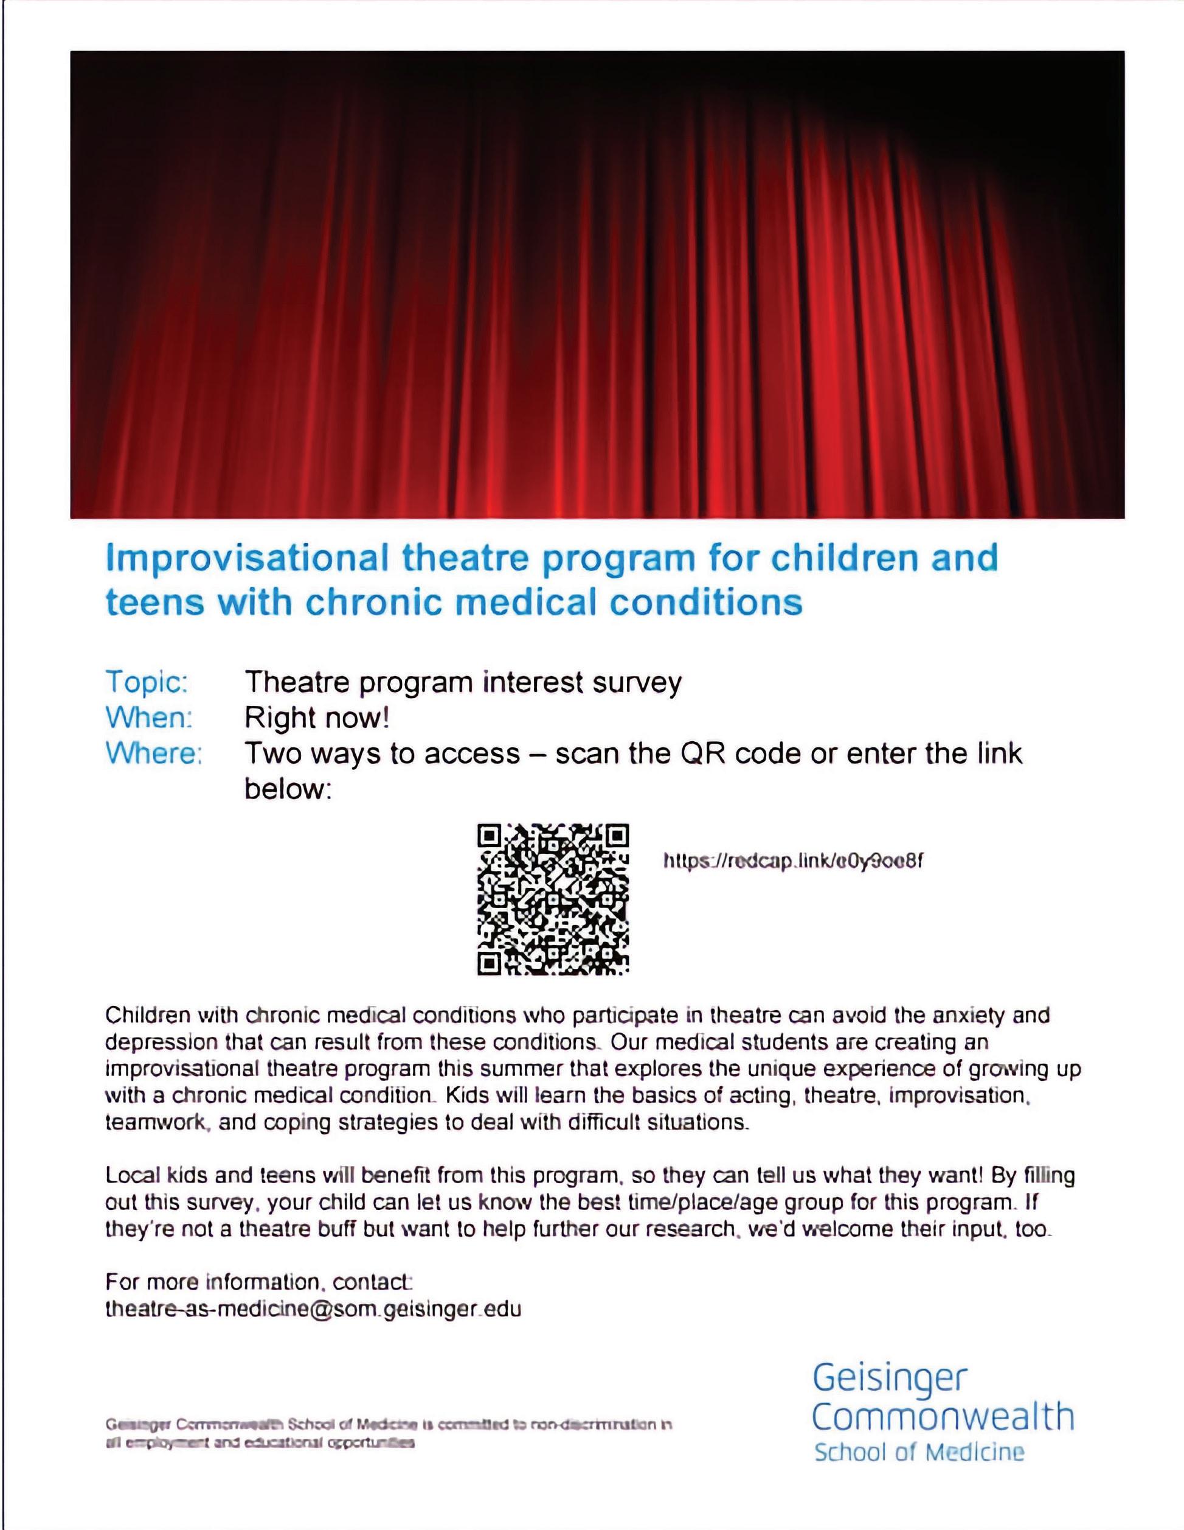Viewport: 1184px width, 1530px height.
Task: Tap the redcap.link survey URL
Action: click(792, 861)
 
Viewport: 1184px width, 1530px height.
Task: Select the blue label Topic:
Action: click(147, 682)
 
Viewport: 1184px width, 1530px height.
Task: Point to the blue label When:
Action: click(148, 718)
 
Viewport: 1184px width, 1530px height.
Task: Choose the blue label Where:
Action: click(154, 753)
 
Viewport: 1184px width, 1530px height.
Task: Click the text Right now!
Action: click(316, 718)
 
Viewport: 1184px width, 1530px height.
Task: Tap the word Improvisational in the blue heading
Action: click(246, 558)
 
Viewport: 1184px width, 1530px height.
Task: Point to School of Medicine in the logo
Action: click(919, 1451)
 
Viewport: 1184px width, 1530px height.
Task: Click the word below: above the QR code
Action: click(287, 789)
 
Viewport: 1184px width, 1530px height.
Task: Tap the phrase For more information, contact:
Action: click(259, 1282)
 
